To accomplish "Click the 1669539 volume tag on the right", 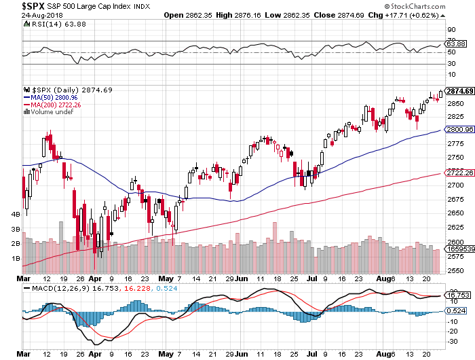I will point(457,250).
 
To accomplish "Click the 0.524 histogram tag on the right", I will point(454,310).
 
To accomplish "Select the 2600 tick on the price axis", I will point(453,242).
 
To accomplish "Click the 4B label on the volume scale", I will point(17,214).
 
